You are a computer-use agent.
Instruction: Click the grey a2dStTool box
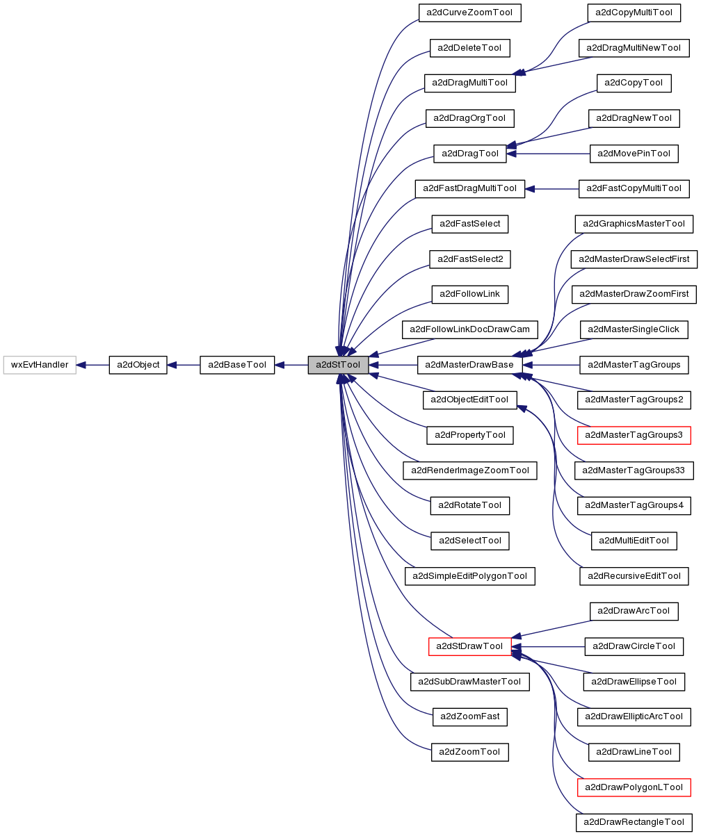[x=338, y=365]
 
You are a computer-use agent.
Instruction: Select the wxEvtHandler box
[x=40, y=365]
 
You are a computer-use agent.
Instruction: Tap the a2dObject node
[x=138, y=365]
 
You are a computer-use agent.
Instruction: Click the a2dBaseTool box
[x=237, y=365]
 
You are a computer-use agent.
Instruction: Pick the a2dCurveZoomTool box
[x=469, y=13]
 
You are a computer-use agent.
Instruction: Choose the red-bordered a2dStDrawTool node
[x=469, y=646]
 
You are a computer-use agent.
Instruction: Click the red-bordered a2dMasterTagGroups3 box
[x=634, y=436]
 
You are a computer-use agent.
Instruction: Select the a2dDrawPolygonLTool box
[x=634, y=787]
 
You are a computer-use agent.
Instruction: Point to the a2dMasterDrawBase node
[x=469, y=365]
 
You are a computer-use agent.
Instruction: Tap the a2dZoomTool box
[x=469, y=752]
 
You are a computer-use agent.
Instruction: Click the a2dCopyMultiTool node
[x=634, y=13]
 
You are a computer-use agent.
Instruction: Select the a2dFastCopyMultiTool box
[x=634, y=188]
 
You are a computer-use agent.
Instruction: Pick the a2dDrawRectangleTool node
[x=634, y=823]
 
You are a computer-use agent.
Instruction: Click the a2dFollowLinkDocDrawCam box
[x=469, y=329]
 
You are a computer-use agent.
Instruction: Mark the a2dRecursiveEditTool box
[x=634, y=576]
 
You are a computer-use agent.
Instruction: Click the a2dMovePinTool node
[x=634, y=154]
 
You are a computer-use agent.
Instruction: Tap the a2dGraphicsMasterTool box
[x=634, y=224]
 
